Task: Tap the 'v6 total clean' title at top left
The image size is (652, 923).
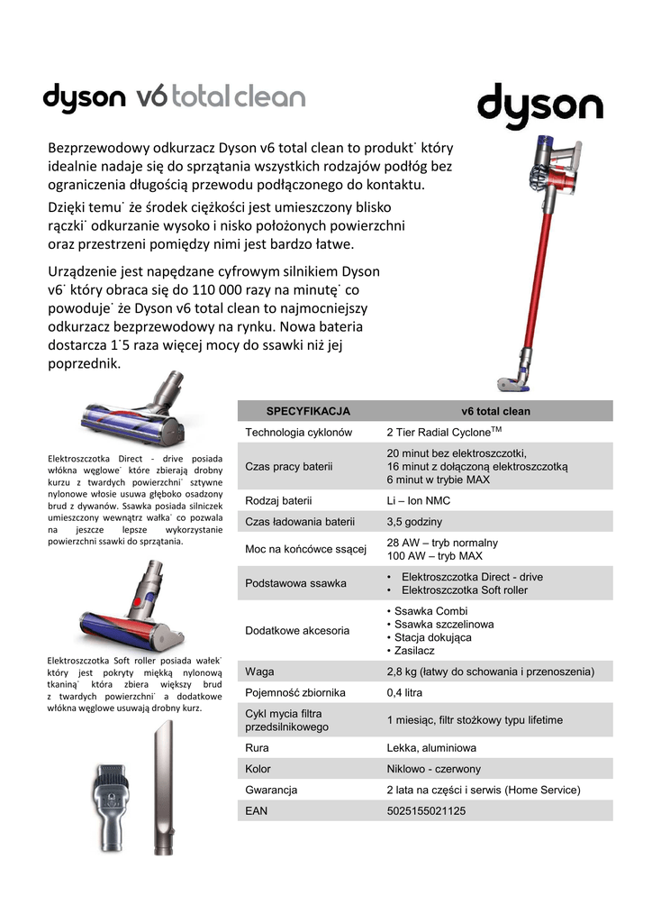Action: point(220,97)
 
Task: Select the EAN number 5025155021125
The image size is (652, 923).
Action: point(426,811)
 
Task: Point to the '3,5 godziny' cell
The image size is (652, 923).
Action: point(414,522)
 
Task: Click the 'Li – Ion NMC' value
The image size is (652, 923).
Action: point(419,500)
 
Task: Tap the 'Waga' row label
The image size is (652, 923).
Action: point(259,672)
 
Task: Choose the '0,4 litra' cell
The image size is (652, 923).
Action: point(404,693)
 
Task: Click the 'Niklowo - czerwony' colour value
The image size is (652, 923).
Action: point(434,769)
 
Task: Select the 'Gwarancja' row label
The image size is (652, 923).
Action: point(272,790)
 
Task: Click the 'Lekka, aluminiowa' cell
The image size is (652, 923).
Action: point(431,748)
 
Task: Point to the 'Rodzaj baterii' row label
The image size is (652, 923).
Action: point(278,500)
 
